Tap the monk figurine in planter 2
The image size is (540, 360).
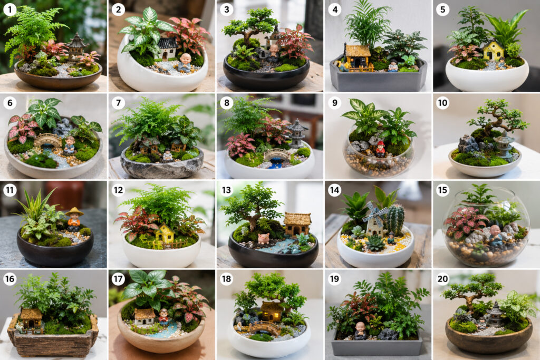click(x=185, y=63)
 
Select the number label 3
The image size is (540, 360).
click(x=226, y=9)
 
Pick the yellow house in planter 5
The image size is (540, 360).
click(x=493, y=50)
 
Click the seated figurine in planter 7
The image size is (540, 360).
click(x=167, y=155)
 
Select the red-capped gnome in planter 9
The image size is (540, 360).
click(x=380, y=149)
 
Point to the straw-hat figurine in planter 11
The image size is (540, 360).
click(x=74, y=219)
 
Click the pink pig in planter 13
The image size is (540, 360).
click(x=264, y=239)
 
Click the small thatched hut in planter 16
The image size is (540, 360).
click(x=31, y=318)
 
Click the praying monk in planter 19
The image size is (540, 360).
click(x=360, y=330)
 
